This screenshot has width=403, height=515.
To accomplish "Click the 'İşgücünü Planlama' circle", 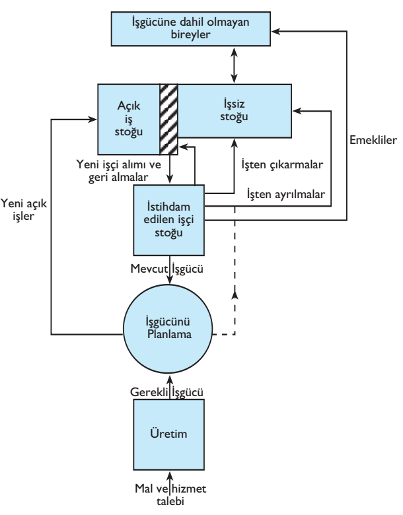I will (170, 324).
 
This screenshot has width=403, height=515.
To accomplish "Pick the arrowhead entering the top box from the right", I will (279, 29).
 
